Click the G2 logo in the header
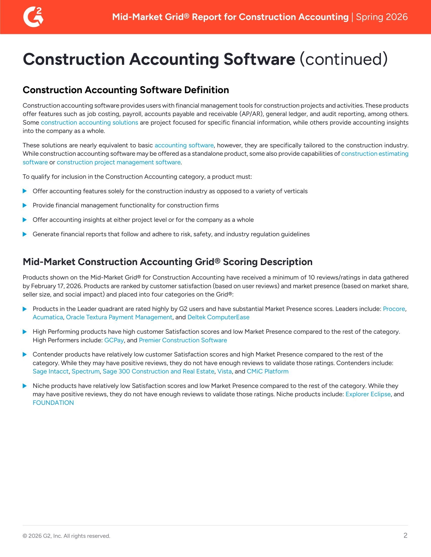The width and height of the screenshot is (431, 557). (33, 17)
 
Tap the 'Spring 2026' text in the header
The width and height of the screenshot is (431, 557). (382, 17)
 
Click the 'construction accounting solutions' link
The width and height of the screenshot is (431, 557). (89, 123)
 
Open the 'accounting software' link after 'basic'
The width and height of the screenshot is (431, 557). (184, 145)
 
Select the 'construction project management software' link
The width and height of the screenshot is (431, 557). (118, 162)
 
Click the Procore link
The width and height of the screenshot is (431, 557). (394, 309)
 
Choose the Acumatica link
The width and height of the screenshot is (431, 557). (48, 317)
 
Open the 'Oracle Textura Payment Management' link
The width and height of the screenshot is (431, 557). (119, 317)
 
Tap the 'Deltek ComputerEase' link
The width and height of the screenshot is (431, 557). (218, 317)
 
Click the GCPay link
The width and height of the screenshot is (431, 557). (114, 340)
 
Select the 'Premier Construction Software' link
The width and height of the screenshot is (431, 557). (183, 340)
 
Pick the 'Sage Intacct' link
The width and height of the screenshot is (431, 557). (50, 371)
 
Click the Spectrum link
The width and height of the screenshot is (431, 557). (85, 371)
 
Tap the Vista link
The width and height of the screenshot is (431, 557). (224, 371)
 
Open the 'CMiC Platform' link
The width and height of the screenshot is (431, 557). (267, 371)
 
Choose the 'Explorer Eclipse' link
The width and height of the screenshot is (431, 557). (368, 394)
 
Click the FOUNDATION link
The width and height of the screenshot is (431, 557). (53, 403)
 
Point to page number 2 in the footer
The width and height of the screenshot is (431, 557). (405, 535)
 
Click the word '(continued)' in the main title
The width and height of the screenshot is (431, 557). (344, 59)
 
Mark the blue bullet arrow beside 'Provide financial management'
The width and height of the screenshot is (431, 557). (25, 205)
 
